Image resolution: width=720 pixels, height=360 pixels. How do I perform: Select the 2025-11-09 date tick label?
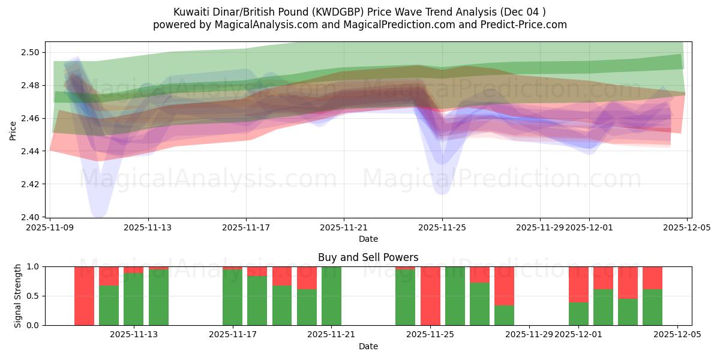pyautogui.click(x=50, y=228)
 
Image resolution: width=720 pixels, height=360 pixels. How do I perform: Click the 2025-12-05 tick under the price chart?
pyautogui.click(x=686, y=228)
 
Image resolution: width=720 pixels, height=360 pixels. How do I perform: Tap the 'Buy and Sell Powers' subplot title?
pyautogui.click(x=368, y=257)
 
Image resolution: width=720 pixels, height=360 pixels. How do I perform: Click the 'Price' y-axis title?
pyautogui.click(x=13, y=130)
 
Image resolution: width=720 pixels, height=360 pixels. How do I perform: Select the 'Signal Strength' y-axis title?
pyautogui.click(x=18, y=296)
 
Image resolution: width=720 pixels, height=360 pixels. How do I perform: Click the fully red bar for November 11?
pyautogui.click(x=84, y=296)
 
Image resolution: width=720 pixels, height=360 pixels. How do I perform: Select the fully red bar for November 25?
pyautogui.click(x=430, y=296)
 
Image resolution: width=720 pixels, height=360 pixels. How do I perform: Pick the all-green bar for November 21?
pyautogui.click(x=331, y=296)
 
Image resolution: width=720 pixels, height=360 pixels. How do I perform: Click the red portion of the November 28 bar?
pyautogui.click(x=504, y=286)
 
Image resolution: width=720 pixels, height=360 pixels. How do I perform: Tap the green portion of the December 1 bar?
pyautogui.click(x=578, y=314)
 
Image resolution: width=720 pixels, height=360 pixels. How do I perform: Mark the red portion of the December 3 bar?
pyautogui.click(x=628, y=282)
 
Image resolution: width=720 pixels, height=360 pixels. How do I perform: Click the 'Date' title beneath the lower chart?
pyautogui.click(x=368, y=346)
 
